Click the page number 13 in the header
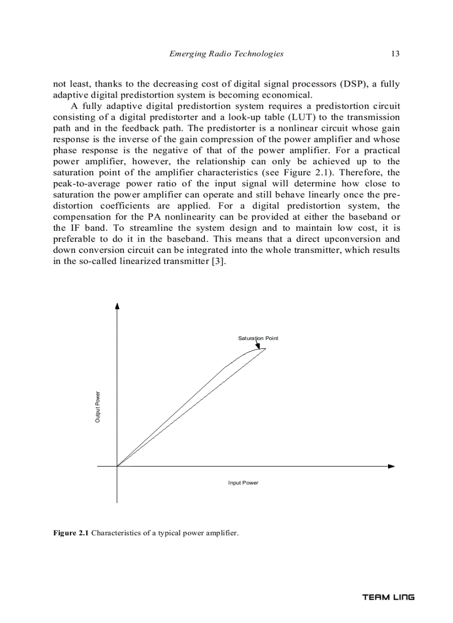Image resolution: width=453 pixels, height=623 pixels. tap(395, 54)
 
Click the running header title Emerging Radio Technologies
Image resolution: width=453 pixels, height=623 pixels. tap(226, 54)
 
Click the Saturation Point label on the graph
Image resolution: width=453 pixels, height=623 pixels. tap(258, 338)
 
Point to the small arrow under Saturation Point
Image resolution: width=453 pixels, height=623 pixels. tap(258, 346)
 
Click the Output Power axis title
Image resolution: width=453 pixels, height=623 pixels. tap(98, 407)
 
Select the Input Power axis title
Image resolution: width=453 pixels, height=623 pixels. tap(243, 483)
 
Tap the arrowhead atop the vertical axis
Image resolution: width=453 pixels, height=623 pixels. tap(117, 306)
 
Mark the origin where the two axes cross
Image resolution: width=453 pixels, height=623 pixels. tap(117, 467)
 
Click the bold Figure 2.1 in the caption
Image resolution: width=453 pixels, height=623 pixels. tap(71, 533)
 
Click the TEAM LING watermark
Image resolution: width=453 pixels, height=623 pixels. tap(388, 597)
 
